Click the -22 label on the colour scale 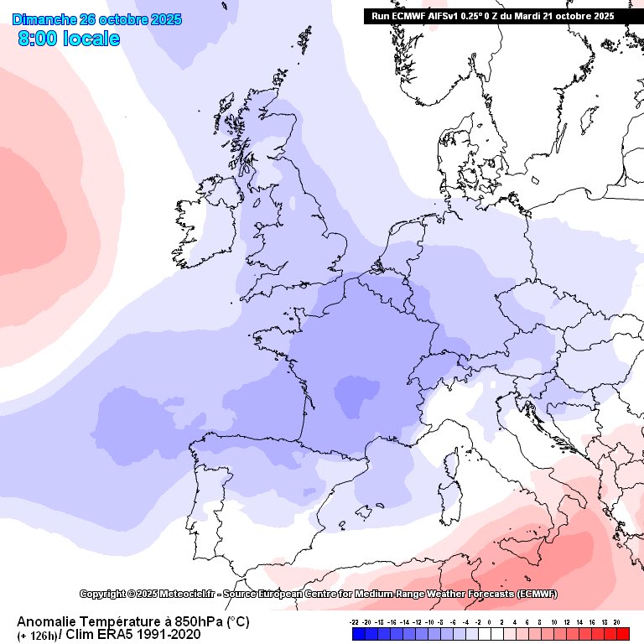click(355, 623)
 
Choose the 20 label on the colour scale click(616, 623)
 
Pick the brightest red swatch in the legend click(622, 634)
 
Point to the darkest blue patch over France click(350, 392)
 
